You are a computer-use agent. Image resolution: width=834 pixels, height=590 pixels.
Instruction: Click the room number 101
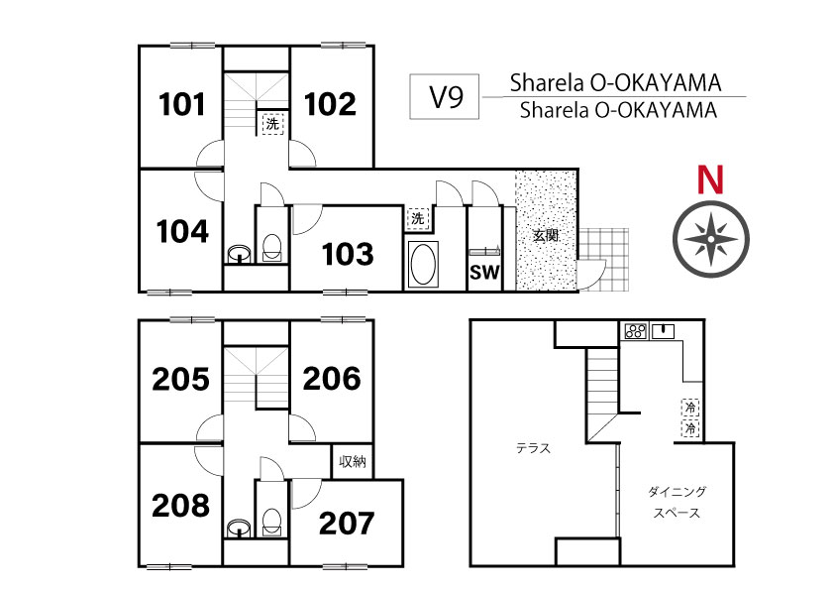click(182, 104)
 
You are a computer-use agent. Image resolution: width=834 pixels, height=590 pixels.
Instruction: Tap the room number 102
click(330, 104)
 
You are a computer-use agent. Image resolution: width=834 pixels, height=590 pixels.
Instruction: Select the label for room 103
click(348, 254)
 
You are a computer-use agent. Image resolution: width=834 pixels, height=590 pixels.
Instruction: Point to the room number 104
click(182, 232)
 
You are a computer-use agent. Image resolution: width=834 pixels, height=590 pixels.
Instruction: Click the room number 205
click(181, 380)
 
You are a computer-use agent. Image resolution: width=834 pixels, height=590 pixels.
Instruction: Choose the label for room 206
click(332, 379)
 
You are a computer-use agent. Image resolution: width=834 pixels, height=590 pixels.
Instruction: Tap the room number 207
click(347, 524)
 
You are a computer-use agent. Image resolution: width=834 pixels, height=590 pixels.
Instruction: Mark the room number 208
click(181, 506)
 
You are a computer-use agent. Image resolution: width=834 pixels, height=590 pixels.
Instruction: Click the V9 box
click(444, 96)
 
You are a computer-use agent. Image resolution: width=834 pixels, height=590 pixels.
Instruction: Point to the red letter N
click(710, 179)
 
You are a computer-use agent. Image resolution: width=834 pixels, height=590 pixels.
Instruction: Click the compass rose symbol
click(710, 238)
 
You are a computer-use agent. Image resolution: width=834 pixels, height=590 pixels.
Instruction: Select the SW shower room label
click(484, 273)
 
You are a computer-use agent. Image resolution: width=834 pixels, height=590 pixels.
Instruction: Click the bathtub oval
click(423, 264)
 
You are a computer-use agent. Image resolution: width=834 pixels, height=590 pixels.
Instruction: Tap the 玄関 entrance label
click(546, 235)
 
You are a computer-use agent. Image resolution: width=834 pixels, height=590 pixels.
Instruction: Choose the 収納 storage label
click(353, 462)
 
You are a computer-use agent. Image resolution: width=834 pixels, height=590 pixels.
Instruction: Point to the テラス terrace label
click(534, 448)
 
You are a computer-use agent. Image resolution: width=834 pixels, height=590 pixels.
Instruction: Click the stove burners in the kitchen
click(635, 331)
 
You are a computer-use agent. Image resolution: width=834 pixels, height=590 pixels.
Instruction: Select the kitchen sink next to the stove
click(663, 331)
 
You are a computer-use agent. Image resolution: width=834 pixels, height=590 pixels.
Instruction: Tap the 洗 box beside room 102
click(272, 124)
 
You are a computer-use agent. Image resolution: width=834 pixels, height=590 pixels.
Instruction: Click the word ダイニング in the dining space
click(678, 492)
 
